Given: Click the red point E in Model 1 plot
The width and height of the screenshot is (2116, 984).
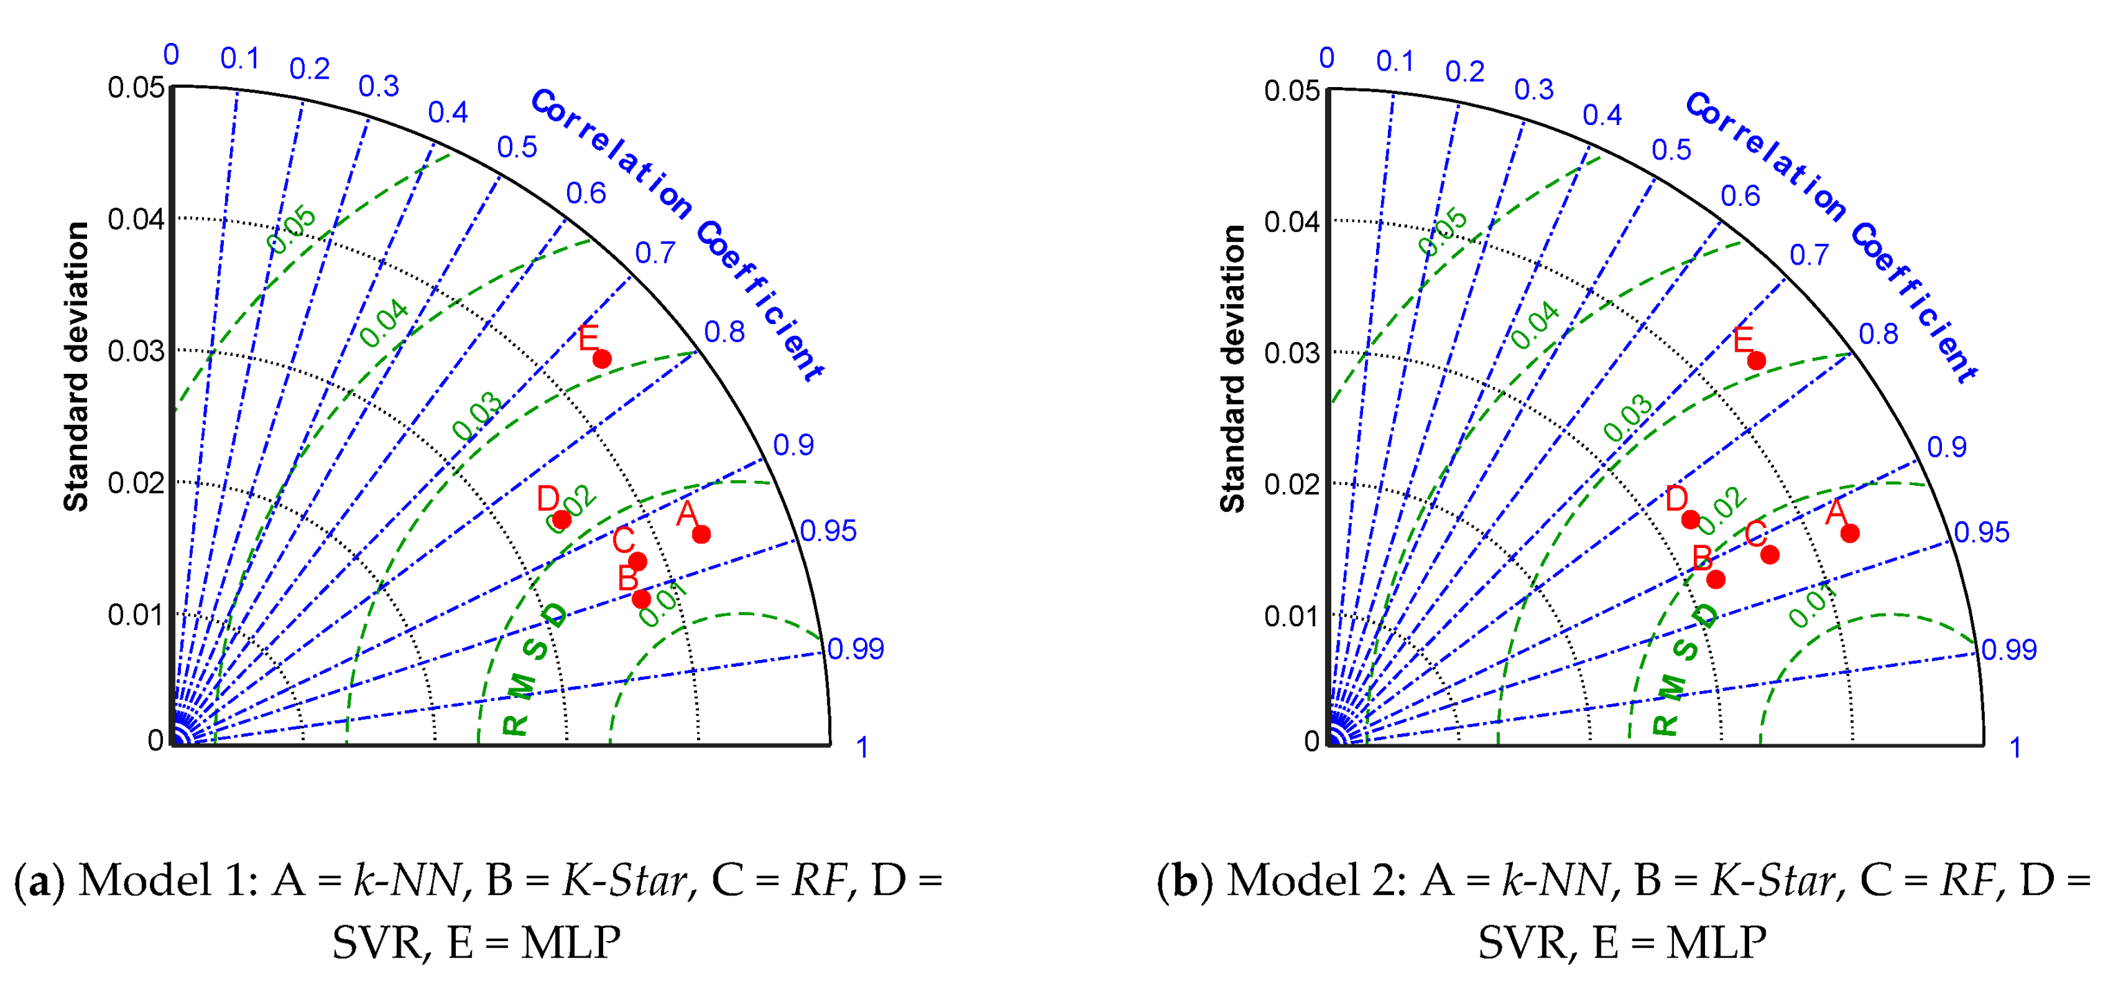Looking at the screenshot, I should coord(602,359).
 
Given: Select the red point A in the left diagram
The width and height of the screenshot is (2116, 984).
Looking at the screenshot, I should coord(700,534).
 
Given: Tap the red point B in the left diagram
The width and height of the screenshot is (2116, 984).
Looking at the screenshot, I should coord(642,599).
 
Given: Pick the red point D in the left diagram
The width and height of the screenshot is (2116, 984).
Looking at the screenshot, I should coord(562,519).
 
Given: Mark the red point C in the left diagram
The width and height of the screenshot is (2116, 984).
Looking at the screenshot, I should coord(638,562).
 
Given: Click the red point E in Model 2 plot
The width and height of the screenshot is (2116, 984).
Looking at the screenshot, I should coord(1756,361).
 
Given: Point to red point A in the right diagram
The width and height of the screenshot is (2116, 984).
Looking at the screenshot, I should coord(1850,533).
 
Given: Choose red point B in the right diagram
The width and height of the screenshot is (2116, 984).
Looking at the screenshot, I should coord(1716,579).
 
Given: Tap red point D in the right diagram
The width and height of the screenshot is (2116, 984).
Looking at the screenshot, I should coord(1690,519).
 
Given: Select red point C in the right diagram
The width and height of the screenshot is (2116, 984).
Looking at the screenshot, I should coord(1770,554).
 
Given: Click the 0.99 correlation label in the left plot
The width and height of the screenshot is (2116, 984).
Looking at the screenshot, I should coord(855,649).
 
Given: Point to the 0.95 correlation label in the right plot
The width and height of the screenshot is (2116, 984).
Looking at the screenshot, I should coord(1981,532).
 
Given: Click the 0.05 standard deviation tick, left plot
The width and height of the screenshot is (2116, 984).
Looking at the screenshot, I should coord(135,87).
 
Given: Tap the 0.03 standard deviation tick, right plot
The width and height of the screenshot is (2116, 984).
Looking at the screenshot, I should coord(1291,353).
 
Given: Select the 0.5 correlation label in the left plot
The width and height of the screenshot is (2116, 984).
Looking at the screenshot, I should coord(517,147).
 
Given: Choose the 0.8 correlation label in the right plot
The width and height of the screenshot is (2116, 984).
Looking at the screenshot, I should coord(1878,334).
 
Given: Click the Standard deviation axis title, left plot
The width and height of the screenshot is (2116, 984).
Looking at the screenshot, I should coord(77,366).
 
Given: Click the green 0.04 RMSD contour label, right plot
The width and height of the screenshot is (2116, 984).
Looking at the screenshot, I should coord(1534,325).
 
